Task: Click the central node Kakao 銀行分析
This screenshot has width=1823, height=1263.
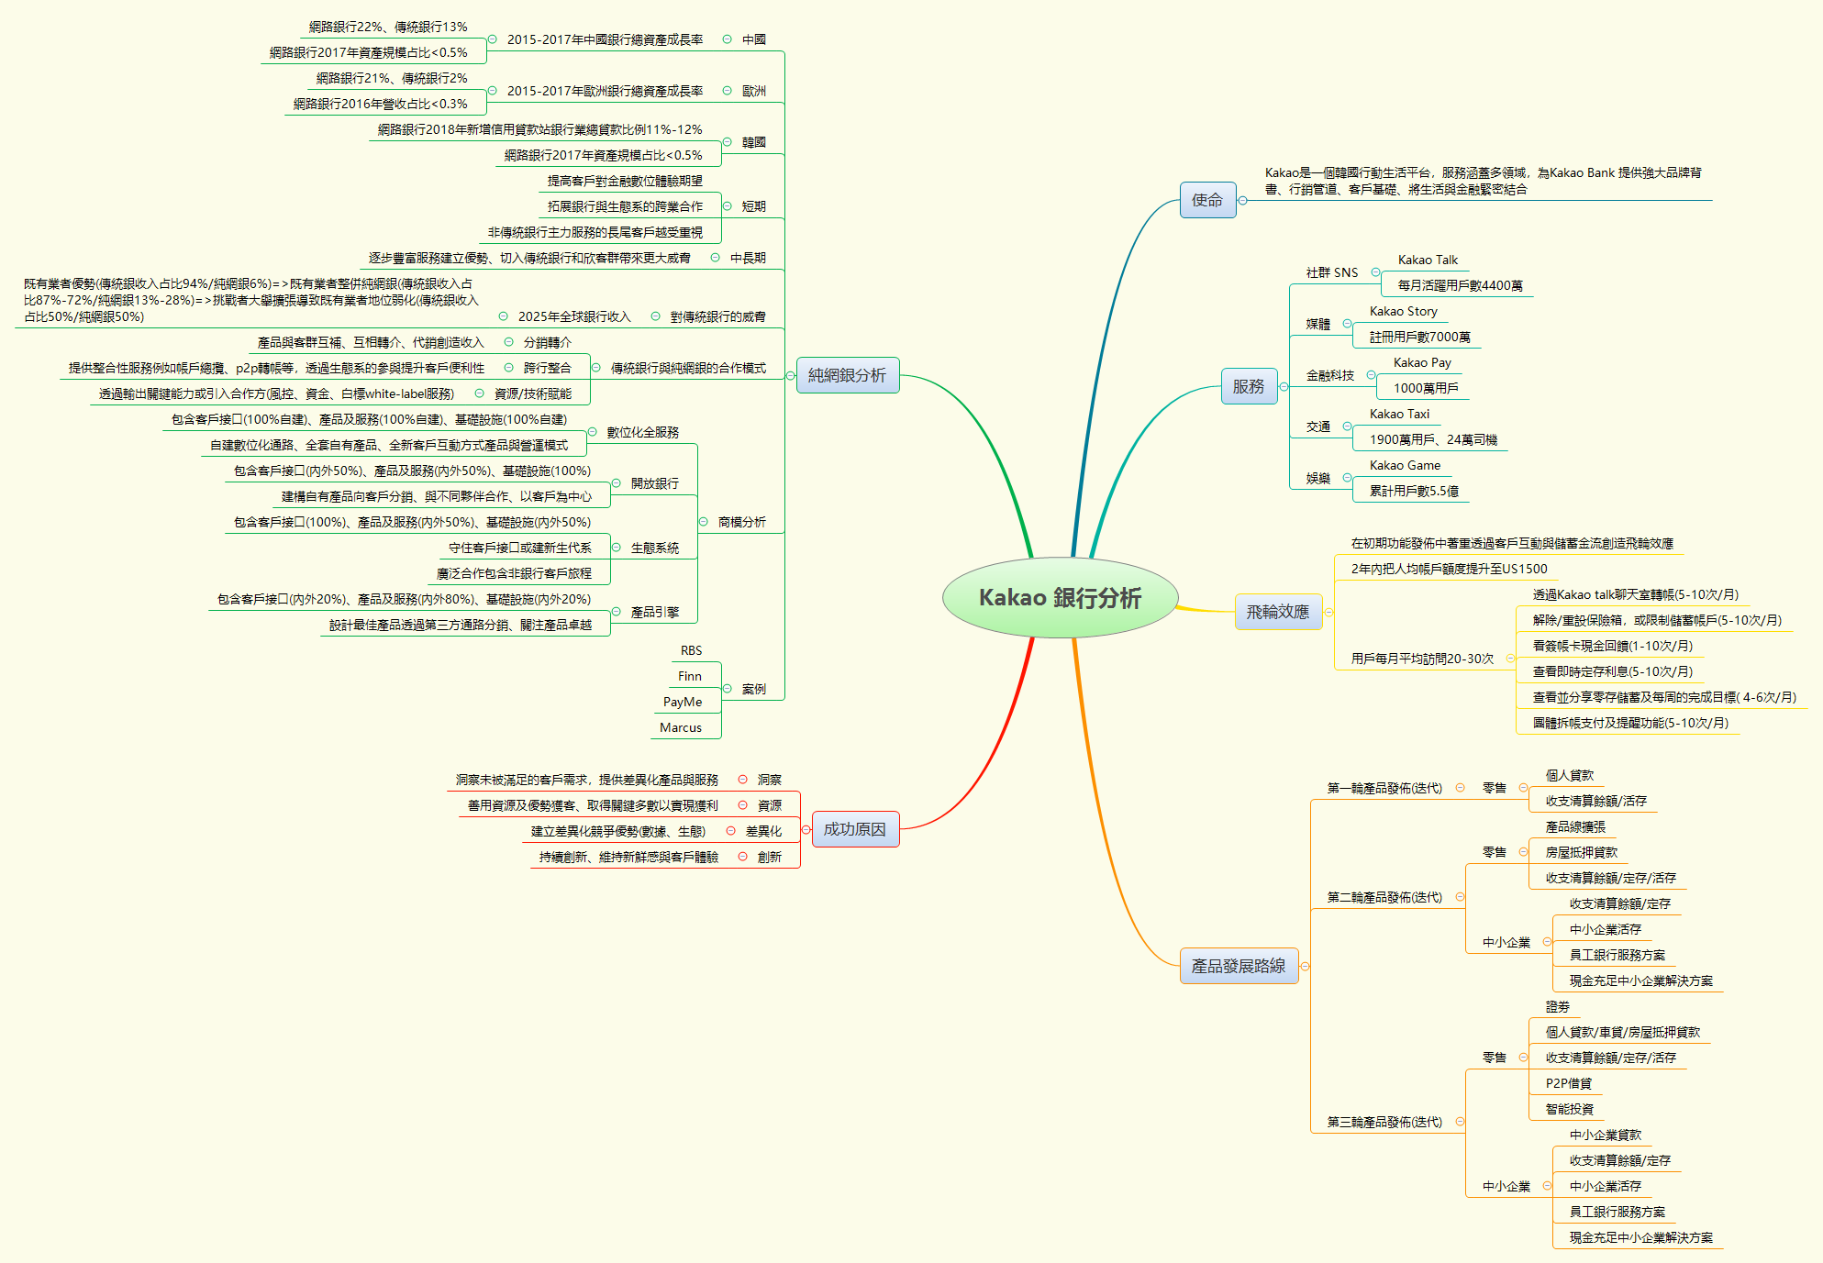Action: [x=1060, y=598]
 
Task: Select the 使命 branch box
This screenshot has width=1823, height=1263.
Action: [x=1207, y=200]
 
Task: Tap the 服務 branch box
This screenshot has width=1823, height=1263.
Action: [x=1248, y=387]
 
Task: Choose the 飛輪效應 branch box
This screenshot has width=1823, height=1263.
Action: [x=1278, y=612]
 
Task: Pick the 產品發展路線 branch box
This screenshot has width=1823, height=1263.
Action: [x=1239, y=966]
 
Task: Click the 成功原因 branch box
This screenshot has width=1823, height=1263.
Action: [x=854, y=829]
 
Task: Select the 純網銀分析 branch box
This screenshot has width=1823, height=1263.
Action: [x=847, y=375]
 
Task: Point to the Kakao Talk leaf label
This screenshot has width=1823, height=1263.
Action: [x=1428, y=260]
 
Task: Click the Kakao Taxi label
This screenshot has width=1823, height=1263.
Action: [x=1399, y=415]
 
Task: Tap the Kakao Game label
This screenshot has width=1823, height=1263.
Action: [x=1405, y=466]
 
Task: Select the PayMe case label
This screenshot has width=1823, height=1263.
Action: [x=683, y=703]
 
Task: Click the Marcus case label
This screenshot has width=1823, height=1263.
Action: [x=681, y=728]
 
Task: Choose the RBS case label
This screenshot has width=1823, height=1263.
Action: [x=691, y=651]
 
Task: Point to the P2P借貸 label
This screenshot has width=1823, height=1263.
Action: [x=1568, y=1084]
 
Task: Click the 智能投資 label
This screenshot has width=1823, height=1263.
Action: [x=1569, y=1110]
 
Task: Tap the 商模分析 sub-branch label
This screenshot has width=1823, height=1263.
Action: [x=741, y=523]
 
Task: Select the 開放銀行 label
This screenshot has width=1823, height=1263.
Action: [x=655, y=484]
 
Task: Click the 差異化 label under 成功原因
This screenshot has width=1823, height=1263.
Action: [x=763, y=832]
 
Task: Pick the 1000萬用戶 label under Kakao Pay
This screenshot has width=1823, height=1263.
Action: [x=1426, y=389]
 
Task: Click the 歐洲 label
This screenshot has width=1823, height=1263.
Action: [x=754, y=92]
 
